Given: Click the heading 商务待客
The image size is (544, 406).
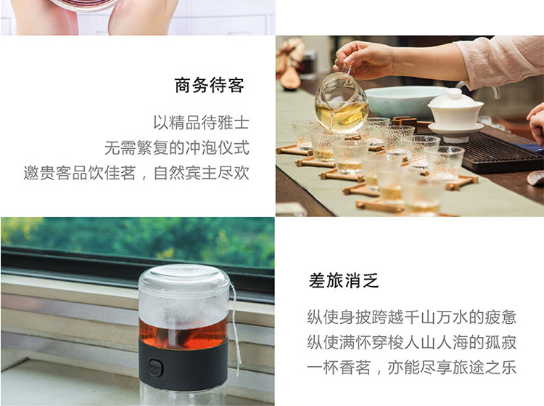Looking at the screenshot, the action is coord(209,86).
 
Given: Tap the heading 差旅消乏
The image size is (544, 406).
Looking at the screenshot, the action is coord(344,280).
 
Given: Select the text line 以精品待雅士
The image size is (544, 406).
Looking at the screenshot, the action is coord(201,123).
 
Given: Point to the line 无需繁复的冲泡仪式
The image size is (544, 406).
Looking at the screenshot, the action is coord(177,147).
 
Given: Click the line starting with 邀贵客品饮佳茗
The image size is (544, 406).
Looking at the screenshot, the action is coord(136,173).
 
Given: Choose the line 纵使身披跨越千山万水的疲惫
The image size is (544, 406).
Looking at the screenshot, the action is coord(412,317).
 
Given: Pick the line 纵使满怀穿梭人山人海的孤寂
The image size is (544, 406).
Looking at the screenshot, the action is coord(412,342).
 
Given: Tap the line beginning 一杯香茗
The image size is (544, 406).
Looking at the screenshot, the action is coord(412,367).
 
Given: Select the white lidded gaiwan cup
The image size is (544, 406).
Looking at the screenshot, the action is coord(455,114).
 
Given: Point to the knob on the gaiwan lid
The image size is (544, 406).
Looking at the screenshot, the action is coord(454,93).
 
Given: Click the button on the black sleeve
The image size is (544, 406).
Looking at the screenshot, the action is coord(156,367).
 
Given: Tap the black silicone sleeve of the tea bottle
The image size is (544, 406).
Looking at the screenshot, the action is coord(184,364).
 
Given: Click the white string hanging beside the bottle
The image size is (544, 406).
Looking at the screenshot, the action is coord(235,330).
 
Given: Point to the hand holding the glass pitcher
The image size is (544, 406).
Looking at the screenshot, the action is coord(364,59).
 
